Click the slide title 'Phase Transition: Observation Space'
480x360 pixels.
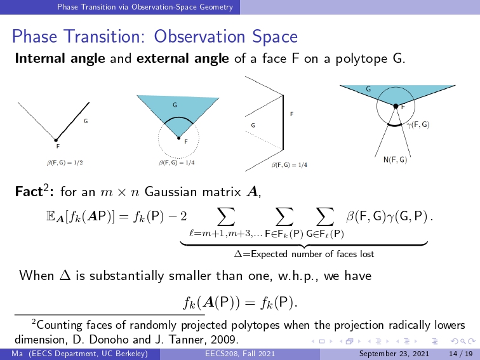[154, 36]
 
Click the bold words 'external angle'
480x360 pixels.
[182, 58]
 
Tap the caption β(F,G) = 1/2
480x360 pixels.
[65, 163]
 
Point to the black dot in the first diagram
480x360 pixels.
[56, 140]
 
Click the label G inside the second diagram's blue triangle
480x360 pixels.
[175, 105]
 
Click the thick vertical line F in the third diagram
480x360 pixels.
[283, 123]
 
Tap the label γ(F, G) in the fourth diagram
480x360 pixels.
[418, 124]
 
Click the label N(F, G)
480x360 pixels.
[395, 159]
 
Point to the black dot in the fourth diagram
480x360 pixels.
[396, 106]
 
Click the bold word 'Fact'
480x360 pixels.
[29, 192]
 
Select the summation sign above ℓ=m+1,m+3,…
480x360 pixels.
[225, 217]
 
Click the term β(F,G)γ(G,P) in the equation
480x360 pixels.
[386, 217]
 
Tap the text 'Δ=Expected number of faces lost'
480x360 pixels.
[304, 254]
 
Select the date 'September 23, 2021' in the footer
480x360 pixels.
[394, 354]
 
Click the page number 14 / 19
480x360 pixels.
[461, 354]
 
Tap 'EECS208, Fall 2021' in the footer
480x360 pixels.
[240, 354]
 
